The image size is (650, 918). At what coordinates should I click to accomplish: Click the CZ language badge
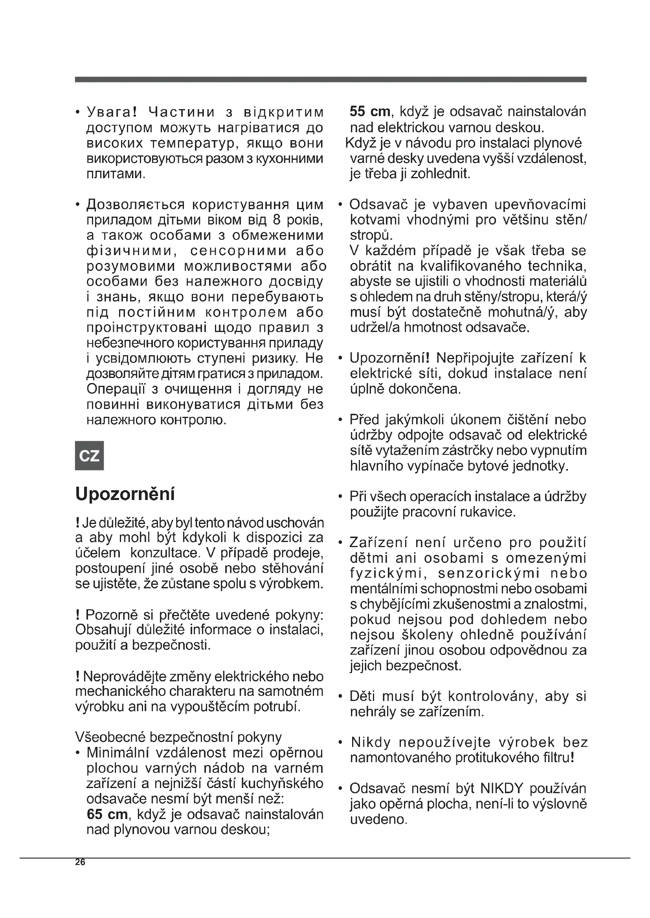click(x=89, y=456)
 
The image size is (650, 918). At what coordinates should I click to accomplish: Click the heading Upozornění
click(x=125, y=495)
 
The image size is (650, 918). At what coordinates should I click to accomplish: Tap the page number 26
click(x=80, y=862)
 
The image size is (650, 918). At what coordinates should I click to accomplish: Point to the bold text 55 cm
click(x=370, y=111)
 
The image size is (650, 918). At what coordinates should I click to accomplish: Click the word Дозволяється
click(x=136, y=205)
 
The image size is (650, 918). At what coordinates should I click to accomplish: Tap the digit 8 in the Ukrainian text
click(x=277, y=220)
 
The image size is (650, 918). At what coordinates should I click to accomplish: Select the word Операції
click(x=119, y=389)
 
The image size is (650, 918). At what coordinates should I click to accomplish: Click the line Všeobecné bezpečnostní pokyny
click(x=178, y=737)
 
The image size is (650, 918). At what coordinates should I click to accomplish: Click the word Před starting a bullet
click(x=364, y=420)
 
